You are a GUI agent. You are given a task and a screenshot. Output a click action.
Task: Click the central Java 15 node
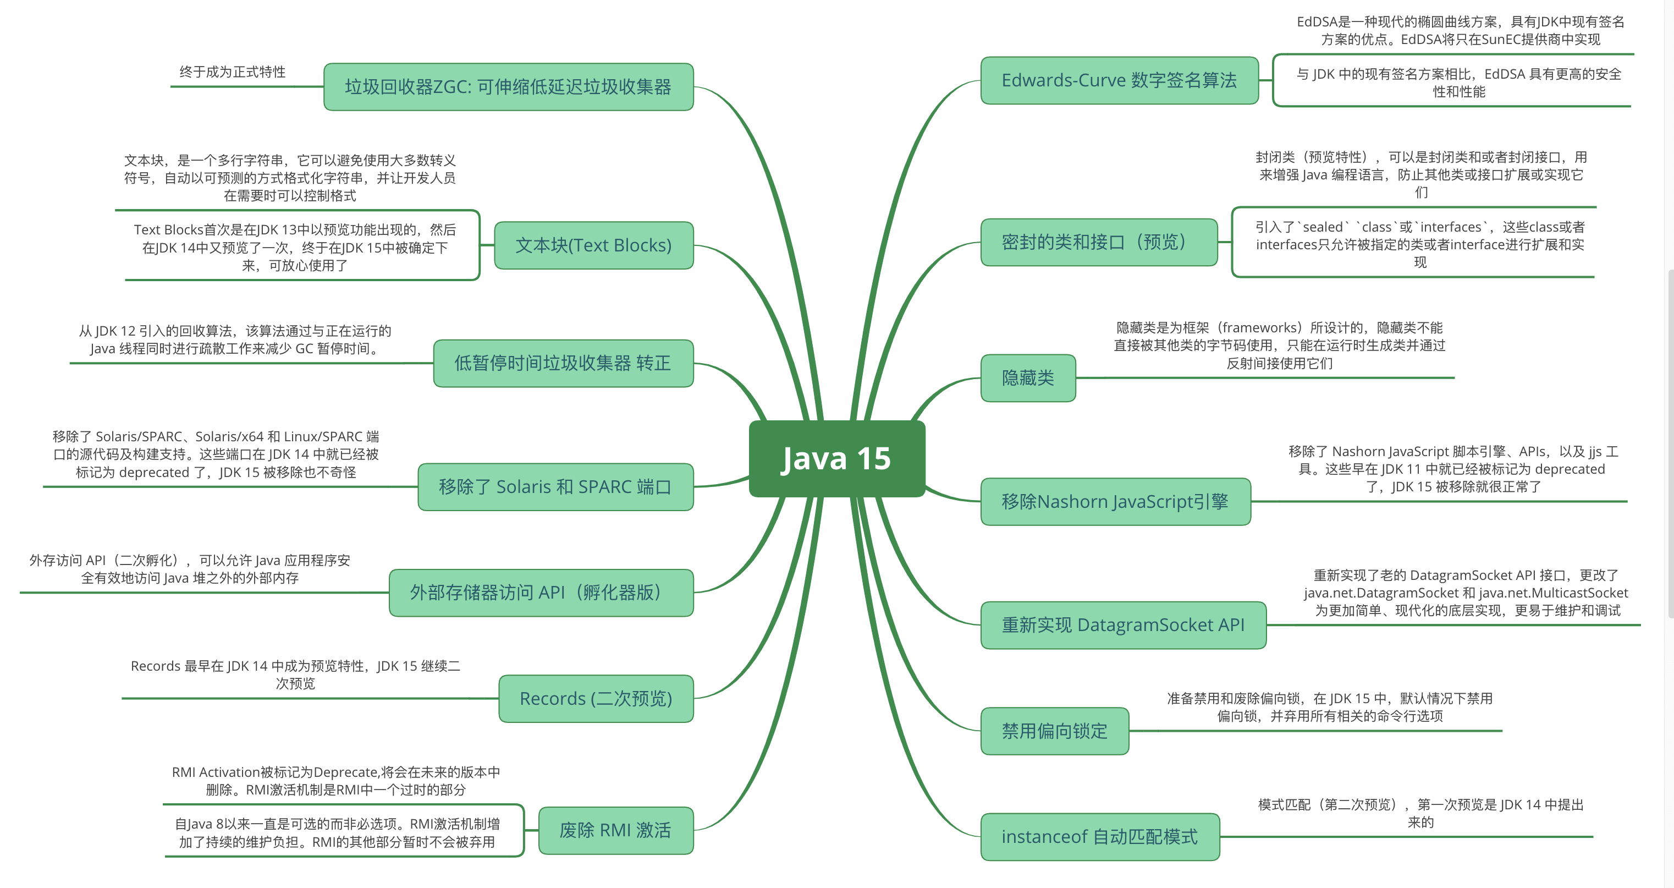[x=836, y=458]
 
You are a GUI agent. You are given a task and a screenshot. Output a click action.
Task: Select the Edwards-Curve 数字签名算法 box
[x=1119, y=81]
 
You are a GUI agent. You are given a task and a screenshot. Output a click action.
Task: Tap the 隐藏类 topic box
[x=1027, y=377]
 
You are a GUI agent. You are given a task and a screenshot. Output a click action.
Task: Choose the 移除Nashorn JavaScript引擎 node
[x=1115, y=501]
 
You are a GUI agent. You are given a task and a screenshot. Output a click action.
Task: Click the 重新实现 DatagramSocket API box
[x=1123, y=624]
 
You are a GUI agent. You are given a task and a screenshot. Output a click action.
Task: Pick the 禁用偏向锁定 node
[x=1054, y=731]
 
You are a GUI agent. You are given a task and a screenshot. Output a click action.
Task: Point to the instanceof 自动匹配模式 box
[x=1099, y=837]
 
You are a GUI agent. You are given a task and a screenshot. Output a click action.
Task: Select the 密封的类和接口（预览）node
[x=1098, y=243]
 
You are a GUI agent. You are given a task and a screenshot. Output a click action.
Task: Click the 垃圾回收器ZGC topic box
[x=508, y=87]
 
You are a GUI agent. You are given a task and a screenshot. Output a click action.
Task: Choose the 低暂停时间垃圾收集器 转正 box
[x=563, y=363]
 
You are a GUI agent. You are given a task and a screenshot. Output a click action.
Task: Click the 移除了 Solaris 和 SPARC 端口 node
[x=555, y=487]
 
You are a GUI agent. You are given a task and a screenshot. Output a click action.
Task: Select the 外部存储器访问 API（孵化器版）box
[x=541, y=592]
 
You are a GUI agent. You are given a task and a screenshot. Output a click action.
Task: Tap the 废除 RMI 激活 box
[x=615, y=830]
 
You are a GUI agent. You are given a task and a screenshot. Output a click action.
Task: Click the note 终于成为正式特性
[x=232, y=72]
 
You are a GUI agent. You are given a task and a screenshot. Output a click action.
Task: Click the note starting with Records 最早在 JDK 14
[x=296, y=674]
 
